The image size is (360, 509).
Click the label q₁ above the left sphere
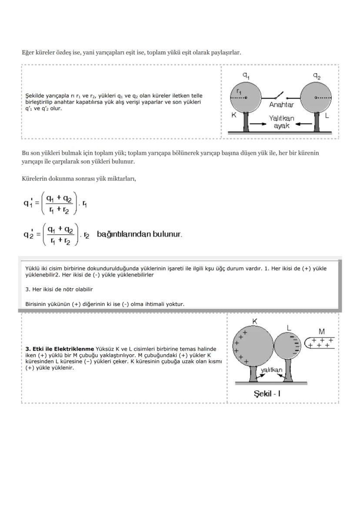click(x=246, y=75)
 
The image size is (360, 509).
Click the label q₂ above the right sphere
click(x=317, y=75)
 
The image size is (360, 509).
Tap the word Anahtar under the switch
click(x=281, y=105)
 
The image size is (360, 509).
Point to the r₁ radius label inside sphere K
click(x=239, y=91)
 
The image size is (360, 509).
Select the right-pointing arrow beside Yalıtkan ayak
click(x=258, y=124)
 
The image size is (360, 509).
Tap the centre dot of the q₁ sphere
click(x=246, y=98)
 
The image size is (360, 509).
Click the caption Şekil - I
click(x=267, y=393)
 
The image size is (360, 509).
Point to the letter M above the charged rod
click(x=321, y=332)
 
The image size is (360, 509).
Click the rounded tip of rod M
click(x=307, y=343)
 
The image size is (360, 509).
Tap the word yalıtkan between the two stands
click(x=271, y=370)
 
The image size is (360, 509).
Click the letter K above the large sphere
click(x=255, y=321)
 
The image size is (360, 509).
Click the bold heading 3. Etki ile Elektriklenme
click(x=60, y=349)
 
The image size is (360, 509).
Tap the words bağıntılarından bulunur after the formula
click(x=139, y=234)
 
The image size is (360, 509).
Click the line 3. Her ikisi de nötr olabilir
click(x=59, y=289)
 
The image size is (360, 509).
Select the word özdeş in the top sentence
click(x=63, y=53)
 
